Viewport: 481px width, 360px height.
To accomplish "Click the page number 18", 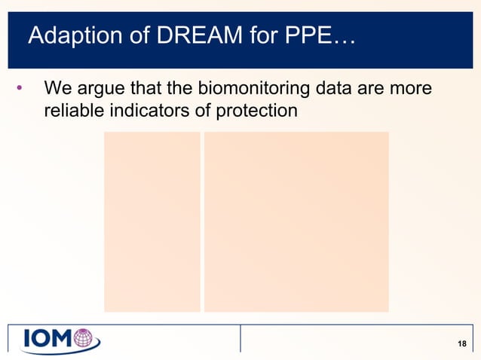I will [462, 344].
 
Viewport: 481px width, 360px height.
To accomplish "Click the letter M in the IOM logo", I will [64, 340].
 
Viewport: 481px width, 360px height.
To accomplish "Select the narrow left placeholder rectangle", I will [152, 221].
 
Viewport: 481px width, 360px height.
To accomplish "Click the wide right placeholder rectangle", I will [296, 221].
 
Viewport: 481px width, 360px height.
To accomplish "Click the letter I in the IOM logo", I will [29, 340].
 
